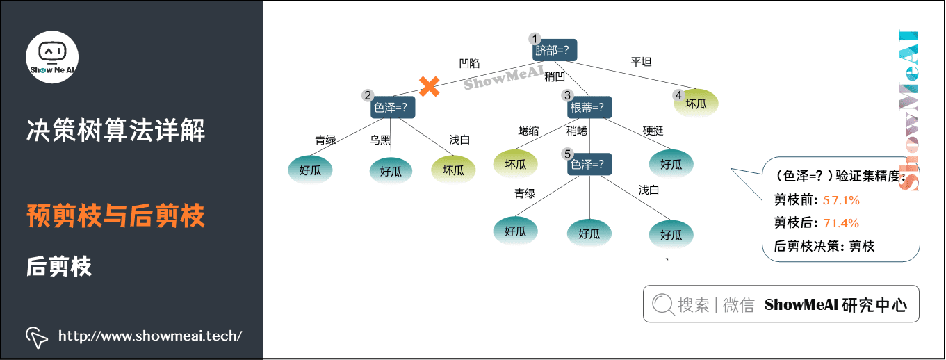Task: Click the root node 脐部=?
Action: coord(555,51)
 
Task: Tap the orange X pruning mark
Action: coord(430,86)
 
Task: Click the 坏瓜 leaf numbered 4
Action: coord(696,104)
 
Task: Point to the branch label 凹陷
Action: coord(469,63)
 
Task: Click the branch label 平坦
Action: coord(640,62)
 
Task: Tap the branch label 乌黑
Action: coord(380,140)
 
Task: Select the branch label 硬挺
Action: coord(653,131)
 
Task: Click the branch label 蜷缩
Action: coord(528,131)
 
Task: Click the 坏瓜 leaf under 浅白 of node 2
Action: coord(453,170)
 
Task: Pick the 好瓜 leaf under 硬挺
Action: coord(671,165)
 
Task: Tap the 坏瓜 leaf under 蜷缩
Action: coord(515,165)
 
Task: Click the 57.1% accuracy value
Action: coord(841,200)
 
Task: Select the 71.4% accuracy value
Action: coord(841,223)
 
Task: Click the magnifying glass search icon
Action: coord(662,304)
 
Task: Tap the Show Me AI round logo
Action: coord(52,57)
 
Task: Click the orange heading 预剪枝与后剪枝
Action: coord(115,216)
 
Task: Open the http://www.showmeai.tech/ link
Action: coord(150,336)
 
